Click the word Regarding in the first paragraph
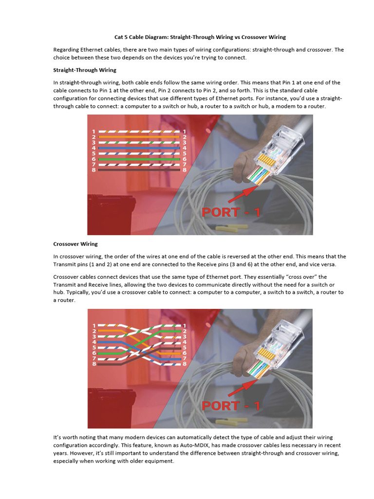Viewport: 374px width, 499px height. pos(66,50)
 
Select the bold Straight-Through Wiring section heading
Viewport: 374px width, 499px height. pos(85,70)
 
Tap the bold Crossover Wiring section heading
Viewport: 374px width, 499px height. pos(75,244)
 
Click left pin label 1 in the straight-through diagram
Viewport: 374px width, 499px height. pos(93,132)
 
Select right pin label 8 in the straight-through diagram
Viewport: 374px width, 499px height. pos(184,170)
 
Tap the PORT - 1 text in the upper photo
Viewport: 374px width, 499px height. pos(231,212)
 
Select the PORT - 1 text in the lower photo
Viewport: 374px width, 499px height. pos(231,405)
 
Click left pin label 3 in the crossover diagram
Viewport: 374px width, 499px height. pos(93,337)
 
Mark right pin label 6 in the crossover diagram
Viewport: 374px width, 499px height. pos(184,353)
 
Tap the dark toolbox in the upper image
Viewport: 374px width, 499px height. pos(110,214)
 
